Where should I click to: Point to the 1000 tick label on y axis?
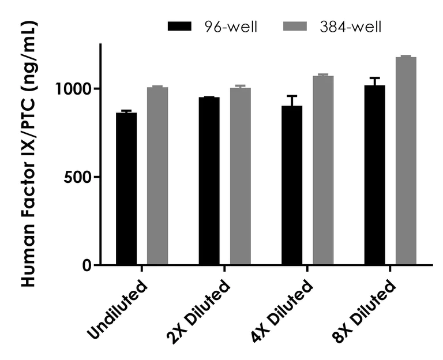[73, 89]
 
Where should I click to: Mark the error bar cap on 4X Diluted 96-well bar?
[292, 96]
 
